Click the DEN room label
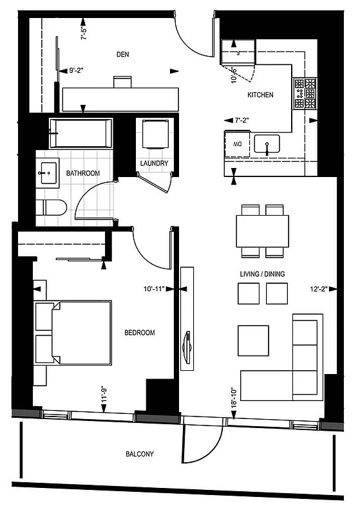[x=122, y=55]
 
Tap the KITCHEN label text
[x=260, y=95]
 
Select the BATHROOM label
[x=83, y=173]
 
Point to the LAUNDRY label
[x=154, y=164]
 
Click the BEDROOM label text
[x=140, y=333]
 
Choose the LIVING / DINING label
[x=262, y=274]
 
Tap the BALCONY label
[x=139, y=454]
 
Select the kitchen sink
[x=266, y=144]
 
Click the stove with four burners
[x=305, y=94]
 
